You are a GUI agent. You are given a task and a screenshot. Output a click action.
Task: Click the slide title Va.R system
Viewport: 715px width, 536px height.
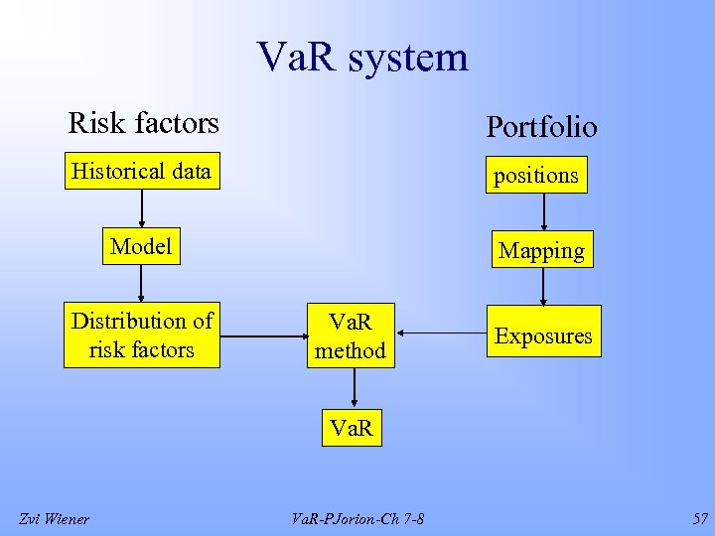coord(361,57)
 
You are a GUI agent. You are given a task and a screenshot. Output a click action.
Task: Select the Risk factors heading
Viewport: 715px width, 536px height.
coord(143,123)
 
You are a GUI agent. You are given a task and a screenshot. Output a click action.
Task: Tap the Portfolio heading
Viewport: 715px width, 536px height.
coord(541,127)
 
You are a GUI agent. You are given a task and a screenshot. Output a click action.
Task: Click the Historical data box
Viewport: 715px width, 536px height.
coord(141,172)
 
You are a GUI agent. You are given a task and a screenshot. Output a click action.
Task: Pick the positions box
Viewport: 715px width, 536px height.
coord(535,176)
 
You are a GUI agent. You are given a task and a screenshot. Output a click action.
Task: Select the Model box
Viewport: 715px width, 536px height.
coord(141,246)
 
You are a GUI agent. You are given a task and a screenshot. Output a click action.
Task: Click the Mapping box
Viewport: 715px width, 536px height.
coord(541,250)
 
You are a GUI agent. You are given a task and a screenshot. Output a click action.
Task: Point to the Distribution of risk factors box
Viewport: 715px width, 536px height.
coord(142,335)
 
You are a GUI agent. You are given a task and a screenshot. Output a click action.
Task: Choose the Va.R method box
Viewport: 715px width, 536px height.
coord(351,336)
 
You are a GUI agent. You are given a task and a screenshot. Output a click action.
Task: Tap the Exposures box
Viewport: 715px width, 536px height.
coord(543,336)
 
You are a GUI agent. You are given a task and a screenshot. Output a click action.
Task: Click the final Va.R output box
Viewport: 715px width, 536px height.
coord(352,429)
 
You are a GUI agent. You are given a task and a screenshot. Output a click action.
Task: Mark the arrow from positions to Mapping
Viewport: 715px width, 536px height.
coord(543,212)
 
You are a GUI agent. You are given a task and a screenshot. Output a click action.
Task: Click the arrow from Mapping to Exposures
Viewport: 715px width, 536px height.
coord(543,287)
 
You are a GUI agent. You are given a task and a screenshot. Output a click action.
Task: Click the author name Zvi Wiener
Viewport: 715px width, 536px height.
coord(55,518)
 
